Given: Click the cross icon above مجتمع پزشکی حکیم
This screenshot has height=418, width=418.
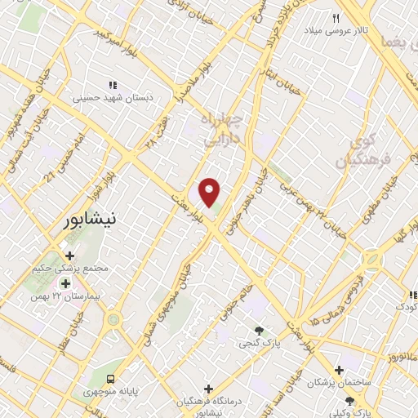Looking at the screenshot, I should [69, 256].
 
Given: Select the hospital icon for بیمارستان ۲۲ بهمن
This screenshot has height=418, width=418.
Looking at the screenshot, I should [65, 282].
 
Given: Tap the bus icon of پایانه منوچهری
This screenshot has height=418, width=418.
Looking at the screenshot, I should [110, 378].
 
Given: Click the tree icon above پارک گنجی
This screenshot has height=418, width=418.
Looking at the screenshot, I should [259, 331].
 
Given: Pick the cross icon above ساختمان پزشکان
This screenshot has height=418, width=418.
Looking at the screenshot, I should [316, 369].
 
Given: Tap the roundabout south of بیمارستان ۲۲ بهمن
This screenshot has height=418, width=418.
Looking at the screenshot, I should [114, 319].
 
